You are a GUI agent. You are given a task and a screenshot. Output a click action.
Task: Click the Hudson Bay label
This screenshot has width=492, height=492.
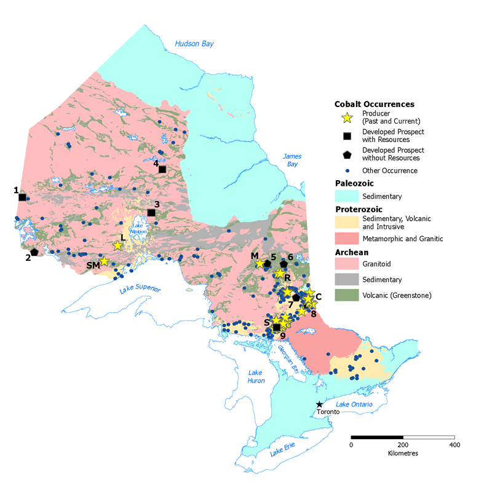coord(194,44)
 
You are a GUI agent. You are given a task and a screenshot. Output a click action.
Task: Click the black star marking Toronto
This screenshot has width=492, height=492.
coord(319,404)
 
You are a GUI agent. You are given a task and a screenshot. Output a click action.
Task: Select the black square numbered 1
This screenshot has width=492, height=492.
coord(22,197)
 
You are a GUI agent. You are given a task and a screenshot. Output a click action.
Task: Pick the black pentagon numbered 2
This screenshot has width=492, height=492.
coord(34,252)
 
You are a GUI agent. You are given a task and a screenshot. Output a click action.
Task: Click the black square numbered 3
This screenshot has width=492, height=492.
coord(151,213)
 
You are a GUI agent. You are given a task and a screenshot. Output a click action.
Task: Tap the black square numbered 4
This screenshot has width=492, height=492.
coord(162,169)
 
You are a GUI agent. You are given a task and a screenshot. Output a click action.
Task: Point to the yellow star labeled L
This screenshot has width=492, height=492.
coord(117,245)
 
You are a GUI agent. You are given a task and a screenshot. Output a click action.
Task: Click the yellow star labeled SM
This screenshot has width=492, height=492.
coord(105,261)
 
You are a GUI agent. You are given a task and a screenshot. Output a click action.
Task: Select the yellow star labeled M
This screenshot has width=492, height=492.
coord(260,264)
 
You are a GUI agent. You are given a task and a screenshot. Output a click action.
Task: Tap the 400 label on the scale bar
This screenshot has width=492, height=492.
coord(454,445)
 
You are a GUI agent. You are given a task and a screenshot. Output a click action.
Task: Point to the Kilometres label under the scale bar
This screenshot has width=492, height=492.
coord(403,453)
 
